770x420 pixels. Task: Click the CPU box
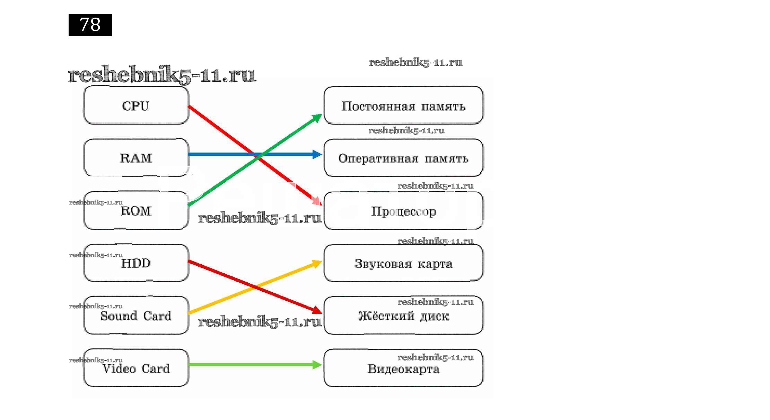(136, 105)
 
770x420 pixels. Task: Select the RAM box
(136, 158)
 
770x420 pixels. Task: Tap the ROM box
(136, 210)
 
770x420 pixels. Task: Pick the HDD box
(136, 263)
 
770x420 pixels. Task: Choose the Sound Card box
(136, 316)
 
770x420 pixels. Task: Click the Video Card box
(136, 368)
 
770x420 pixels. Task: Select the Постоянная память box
(403, 106)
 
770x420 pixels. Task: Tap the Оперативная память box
(403, 158)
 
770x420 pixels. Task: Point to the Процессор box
(403, 211)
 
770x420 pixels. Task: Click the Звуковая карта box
(403, 263)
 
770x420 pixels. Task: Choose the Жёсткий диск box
(403, 316)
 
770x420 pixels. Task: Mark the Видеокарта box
(403, 368)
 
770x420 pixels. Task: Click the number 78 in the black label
(90, 25)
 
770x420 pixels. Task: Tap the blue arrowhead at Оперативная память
(317, 154)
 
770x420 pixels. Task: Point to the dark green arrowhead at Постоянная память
(317, 118)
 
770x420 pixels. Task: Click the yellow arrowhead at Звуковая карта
(317, 264)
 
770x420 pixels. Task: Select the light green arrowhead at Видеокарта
(317, 364)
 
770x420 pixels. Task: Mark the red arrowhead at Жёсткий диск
(317, 310)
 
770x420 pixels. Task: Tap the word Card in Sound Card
(157, 316)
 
